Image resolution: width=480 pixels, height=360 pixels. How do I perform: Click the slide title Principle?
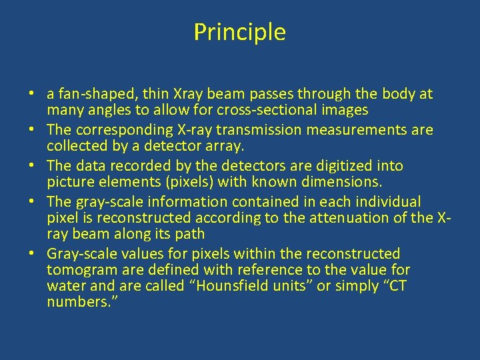pos(239,32)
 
